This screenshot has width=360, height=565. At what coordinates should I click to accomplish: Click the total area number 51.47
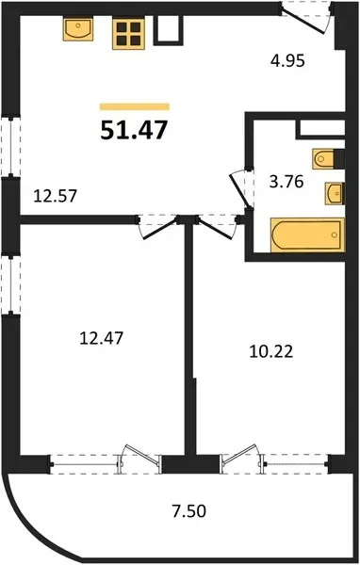[134, 130]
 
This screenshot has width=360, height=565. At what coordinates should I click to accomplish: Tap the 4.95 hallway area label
[287, 60]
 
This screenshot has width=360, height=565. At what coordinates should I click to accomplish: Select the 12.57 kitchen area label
[56, 196]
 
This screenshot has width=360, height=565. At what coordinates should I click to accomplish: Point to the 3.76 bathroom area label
[286, 182]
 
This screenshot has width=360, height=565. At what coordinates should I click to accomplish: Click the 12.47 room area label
[101, 338]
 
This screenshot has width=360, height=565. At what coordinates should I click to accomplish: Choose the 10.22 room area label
[270, 351]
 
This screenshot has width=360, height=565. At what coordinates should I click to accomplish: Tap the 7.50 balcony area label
[188, 511]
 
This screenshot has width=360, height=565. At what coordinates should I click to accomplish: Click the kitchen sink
[78, 29]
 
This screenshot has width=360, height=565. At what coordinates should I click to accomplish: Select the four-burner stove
[128, 34]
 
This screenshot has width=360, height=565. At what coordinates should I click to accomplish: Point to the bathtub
[307, 234]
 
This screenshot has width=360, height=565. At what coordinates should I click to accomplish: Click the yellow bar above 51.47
[135, 106]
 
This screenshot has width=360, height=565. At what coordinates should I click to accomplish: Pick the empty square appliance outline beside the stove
[169, 31]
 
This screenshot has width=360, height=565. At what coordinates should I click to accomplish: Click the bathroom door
[240, 190]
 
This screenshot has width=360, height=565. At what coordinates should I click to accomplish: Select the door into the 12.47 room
[157, 227]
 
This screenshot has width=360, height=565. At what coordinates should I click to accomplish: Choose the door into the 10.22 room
[216, 227]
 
